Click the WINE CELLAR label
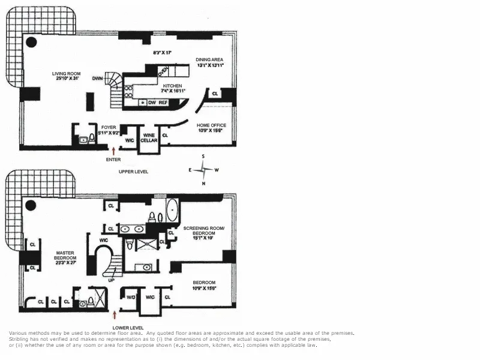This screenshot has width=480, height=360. tap(149, 138)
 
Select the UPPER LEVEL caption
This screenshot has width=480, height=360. tap(133, 172)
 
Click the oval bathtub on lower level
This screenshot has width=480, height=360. tap(172, 211)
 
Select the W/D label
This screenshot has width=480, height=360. tap(131, 296)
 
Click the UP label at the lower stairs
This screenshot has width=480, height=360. tap(110, 280)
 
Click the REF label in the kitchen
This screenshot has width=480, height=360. tap(163, 103)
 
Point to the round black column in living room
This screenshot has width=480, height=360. tap(31, 42)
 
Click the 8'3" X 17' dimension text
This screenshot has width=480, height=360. tap(162, 53)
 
